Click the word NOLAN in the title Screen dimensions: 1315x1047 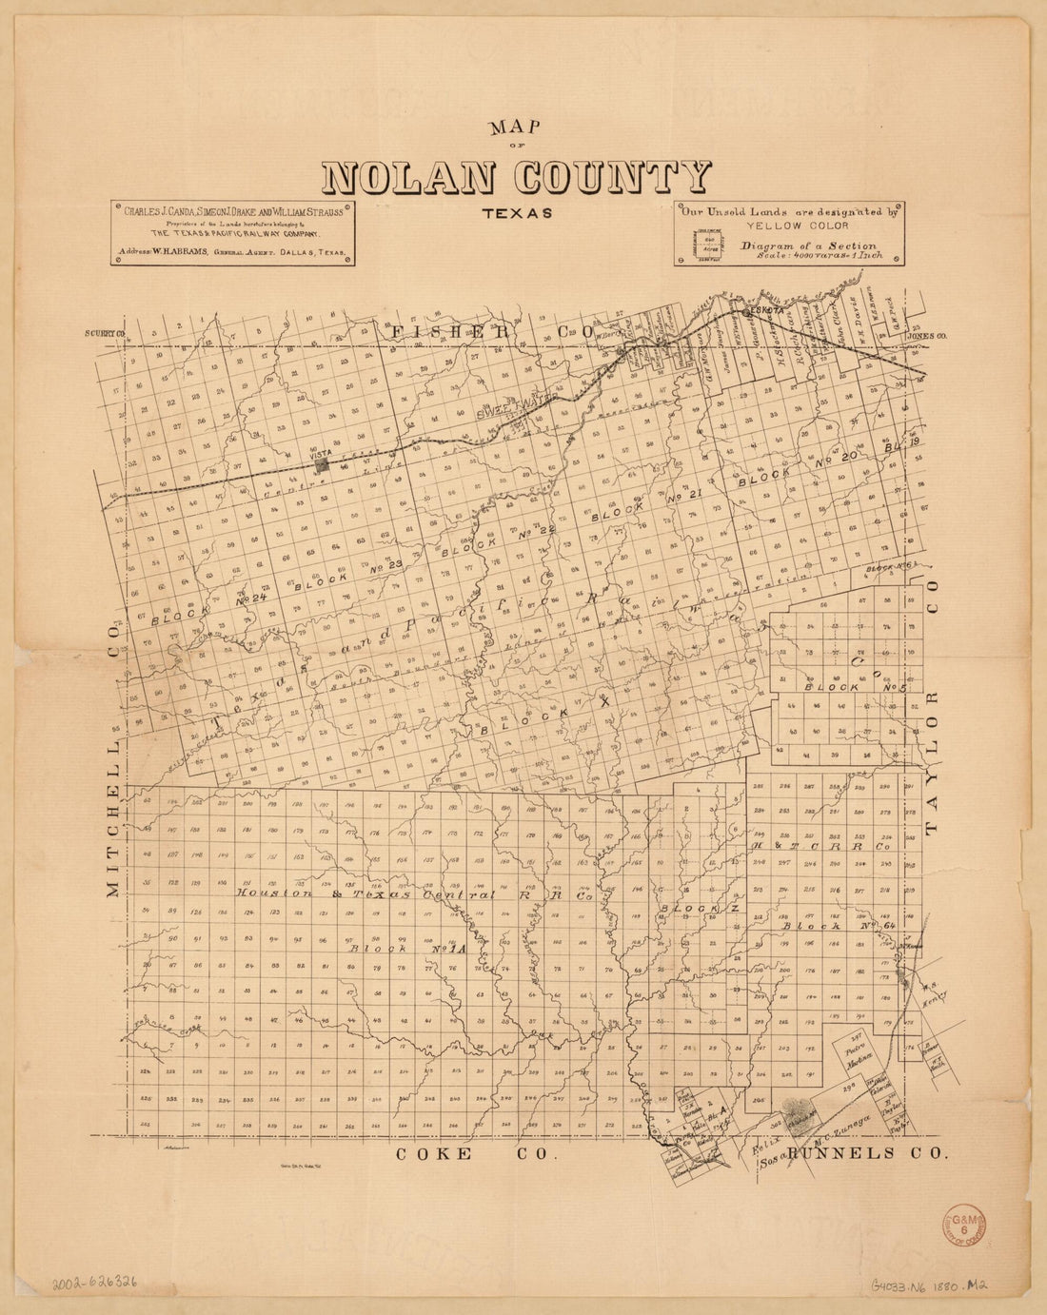(x=413, y=178)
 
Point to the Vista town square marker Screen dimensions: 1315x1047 (x=325, y=464)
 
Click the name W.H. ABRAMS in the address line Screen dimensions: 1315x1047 (x=173, y=254)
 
